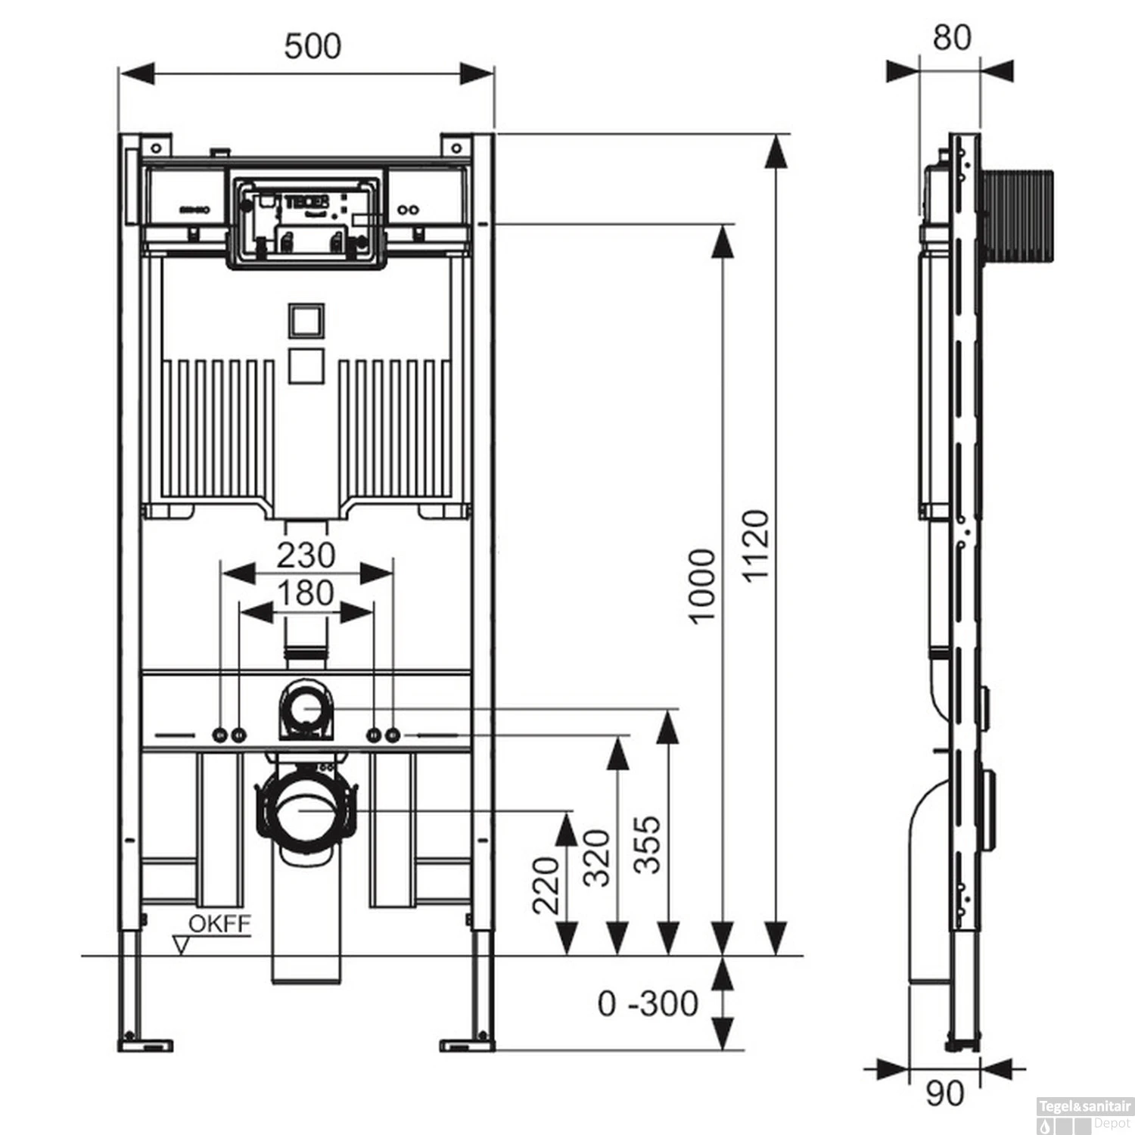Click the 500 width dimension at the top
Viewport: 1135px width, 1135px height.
pyautogui.click(x=313, y=46)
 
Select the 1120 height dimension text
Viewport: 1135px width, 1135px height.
pyautogui.click(x=756, y=545)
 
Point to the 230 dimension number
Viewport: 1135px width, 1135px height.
pyautogui.click(x=306, y=555)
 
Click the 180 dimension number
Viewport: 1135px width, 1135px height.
pyautogui.click(x=306, y=593)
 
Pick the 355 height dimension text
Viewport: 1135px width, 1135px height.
pyautogui.click(x=647, y=844)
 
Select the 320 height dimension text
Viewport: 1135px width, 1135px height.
pyautogui.click(x=597, y=858)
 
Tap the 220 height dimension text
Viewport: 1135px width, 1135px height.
pyautogui.click(x=546, y=885)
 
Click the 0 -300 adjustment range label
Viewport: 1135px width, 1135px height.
pyautogui.click(x=648, y=1004)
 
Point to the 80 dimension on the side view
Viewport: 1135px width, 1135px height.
pyautogui.click(x=951, y=37)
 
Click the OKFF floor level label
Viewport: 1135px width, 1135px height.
pyautogui.click(x=219, y=924)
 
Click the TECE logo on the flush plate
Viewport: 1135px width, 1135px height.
pyautogui.click(x=306, y=202)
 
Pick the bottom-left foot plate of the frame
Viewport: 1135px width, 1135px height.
pyautogui.click(x=148, y=1044)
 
